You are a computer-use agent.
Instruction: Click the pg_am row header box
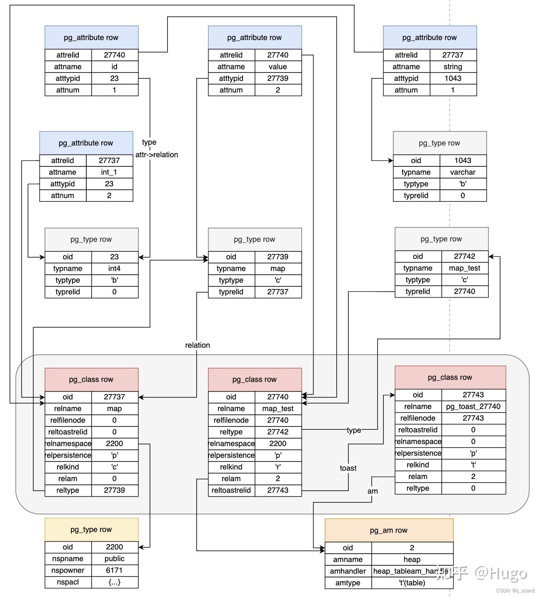click(388, 530)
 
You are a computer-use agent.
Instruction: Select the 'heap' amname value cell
click(412, 559)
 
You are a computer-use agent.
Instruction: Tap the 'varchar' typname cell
click(463, 172)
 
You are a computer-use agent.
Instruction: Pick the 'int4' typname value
click(114, 268)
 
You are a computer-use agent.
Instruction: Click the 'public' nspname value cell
click(114, 559)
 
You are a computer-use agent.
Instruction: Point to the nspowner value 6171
click(114, 570)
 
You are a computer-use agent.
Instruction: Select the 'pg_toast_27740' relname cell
click(473, 406)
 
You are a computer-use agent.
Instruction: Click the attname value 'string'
click(453, 67)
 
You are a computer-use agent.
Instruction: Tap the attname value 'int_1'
click(109, 172)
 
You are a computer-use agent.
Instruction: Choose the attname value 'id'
click(114, 67)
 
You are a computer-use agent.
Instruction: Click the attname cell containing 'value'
click(278, 67)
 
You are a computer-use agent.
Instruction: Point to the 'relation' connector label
click(198, 345)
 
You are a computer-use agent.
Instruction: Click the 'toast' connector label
click(348, 468)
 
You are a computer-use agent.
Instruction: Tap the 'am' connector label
click(373, 491)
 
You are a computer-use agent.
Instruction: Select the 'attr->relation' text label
click(157, 155)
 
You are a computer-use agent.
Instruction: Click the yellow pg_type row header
click(91, 529)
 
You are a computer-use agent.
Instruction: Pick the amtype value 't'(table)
click(412, 583)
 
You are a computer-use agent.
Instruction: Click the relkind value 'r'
click(278, 467)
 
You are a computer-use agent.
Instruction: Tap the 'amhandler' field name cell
click(348, 571)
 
